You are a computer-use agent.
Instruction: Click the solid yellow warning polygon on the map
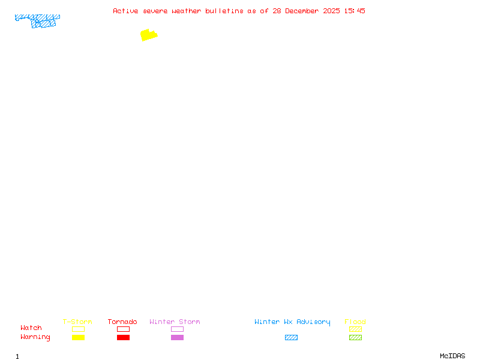(149, 35)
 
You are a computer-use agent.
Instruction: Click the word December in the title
(302, 11)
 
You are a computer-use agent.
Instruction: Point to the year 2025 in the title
(332, 11)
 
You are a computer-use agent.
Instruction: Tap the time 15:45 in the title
(355, 11)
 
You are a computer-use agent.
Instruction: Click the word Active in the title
(125, 11)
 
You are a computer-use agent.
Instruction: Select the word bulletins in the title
(224, 11)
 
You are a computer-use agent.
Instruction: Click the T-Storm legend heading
(77, 322)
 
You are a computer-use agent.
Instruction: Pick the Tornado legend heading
(122, 322)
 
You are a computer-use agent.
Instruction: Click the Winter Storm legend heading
(175, 322)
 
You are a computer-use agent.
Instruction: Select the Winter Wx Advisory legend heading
(292, 322)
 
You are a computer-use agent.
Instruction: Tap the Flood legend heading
(355, 322)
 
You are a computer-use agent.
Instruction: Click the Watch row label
(31, 328)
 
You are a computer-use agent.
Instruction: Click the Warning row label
(35, 337)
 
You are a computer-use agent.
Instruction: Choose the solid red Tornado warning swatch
(124, 337)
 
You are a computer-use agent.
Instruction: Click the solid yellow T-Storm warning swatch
(79, 337)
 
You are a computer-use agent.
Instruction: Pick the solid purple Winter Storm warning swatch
(177, 337)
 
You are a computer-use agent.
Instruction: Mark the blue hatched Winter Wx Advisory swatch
(291, 337)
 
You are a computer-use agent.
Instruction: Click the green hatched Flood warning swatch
(355, 337)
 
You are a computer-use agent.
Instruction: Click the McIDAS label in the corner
(452, 356)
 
